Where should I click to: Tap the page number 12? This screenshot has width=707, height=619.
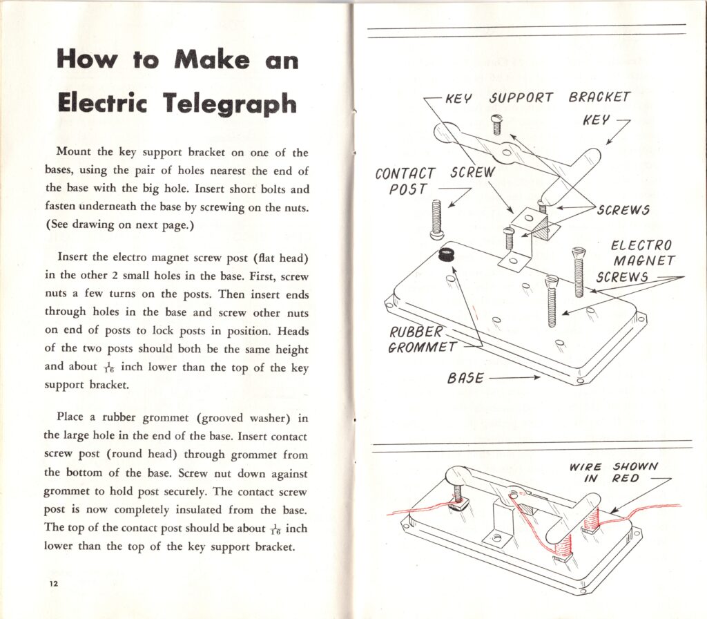pos(53,584)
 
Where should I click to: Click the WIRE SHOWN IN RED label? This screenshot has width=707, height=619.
pos(613,473)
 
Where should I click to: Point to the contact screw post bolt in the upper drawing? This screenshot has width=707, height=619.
pos(436,219)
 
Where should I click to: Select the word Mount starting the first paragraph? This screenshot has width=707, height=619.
pos(73,153)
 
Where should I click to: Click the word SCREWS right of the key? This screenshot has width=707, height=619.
pos(623,210)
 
